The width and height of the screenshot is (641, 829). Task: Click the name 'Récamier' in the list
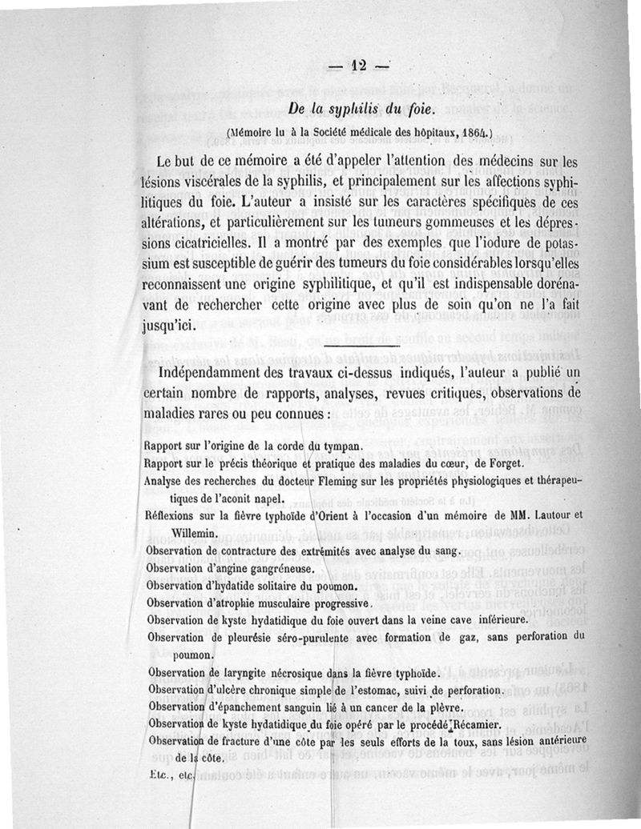coord(472,725)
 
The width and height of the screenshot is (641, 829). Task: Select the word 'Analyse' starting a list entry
coord(165,480)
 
